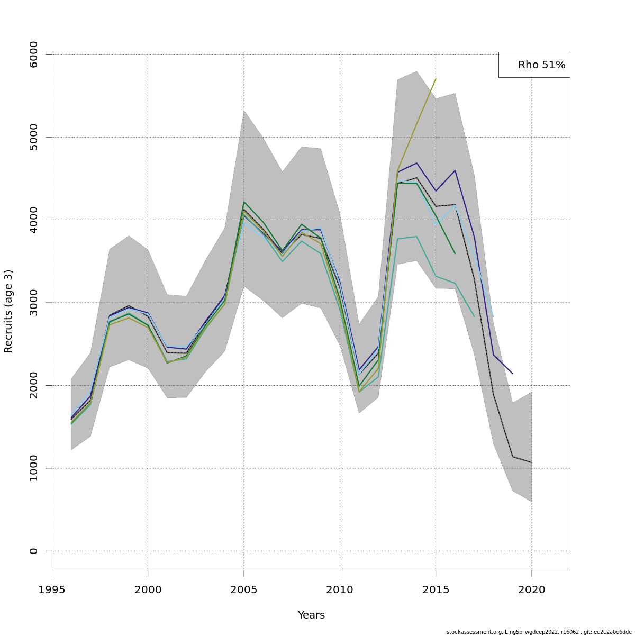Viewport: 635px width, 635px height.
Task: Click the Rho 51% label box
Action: (x=534, y=65)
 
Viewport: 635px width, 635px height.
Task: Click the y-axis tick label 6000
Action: (x=33, y=54)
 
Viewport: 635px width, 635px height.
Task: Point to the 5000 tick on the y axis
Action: (x=33, y=137)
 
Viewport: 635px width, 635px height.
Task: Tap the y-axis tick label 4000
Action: (x=33, y=220)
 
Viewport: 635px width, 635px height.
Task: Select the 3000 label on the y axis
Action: (x=33, y=303)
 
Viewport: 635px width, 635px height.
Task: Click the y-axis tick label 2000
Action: (x=33, y=385)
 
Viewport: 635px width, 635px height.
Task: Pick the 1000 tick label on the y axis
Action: (x=33, y=468)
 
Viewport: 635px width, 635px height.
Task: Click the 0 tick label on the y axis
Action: (x=33, y=551)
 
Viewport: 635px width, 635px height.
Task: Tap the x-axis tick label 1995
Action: (x=52, y=590)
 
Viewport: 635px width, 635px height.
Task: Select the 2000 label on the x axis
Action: (x=148, y=590)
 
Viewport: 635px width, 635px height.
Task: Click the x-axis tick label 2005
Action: (x=244, y=590)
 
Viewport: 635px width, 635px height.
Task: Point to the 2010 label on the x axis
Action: (x=340, y=590)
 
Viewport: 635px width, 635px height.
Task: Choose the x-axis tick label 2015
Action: (x=436, y=590)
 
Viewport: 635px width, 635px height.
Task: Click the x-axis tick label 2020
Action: (x=531, y=590)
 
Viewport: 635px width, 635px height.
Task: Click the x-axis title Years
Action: (x=311, y=615)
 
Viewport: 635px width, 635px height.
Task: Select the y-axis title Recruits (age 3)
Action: (x=8, y=311)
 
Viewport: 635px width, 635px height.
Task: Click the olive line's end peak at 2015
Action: (x=436, y=79)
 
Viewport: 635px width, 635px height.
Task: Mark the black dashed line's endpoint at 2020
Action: (x=531, y=462)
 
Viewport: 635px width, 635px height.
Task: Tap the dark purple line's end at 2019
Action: (x=512, y=374)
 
